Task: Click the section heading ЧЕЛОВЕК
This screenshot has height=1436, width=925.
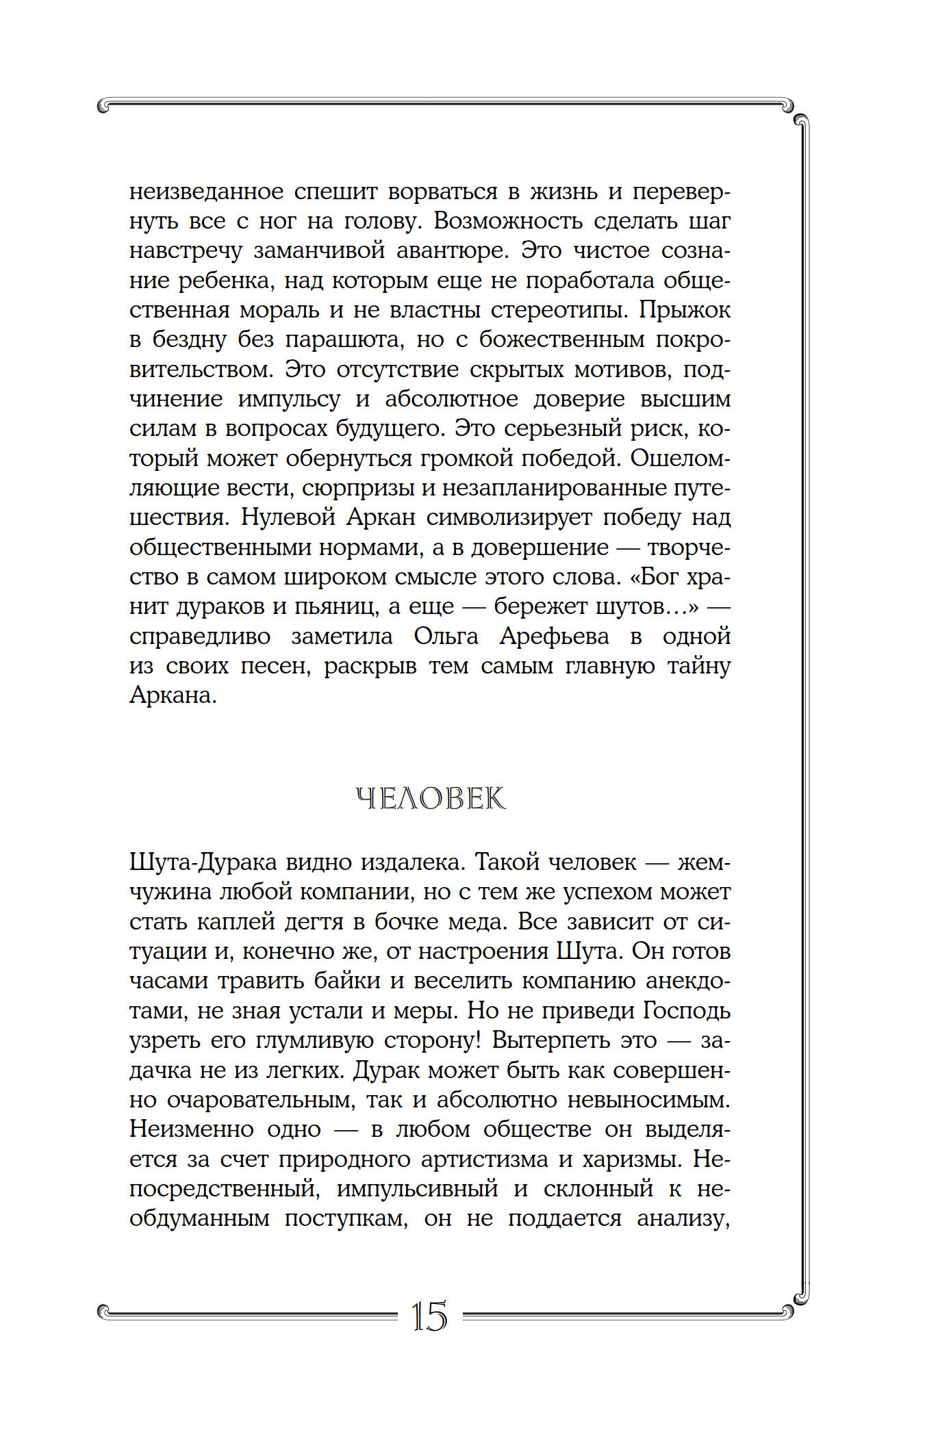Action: tap(431, 799)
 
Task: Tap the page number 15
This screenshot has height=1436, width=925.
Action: tap(429, 1316)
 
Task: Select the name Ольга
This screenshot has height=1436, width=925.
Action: tap(446, 637)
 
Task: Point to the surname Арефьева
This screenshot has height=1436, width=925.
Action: tap(554, 637)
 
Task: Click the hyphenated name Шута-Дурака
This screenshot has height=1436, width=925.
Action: tap(202, 862)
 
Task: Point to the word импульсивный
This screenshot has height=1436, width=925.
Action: tap(417, 1189)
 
